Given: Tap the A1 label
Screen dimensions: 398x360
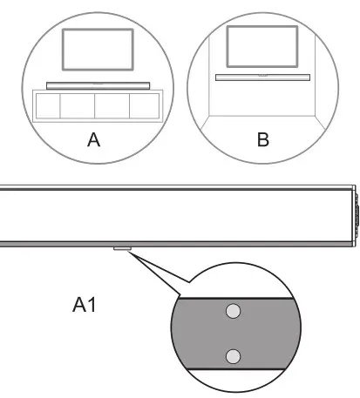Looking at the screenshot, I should [87, 306].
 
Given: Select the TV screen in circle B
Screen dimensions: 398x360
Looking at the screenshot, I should [262, 44].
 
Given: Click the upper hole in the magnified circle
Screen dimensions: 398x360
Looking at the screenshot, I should [233, 310].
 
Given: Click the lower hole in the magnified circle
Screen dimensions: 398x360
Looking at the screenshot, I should [233, 354].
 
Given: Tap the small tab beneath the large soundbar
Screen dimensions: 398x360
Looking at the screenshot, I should [121, 249].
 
